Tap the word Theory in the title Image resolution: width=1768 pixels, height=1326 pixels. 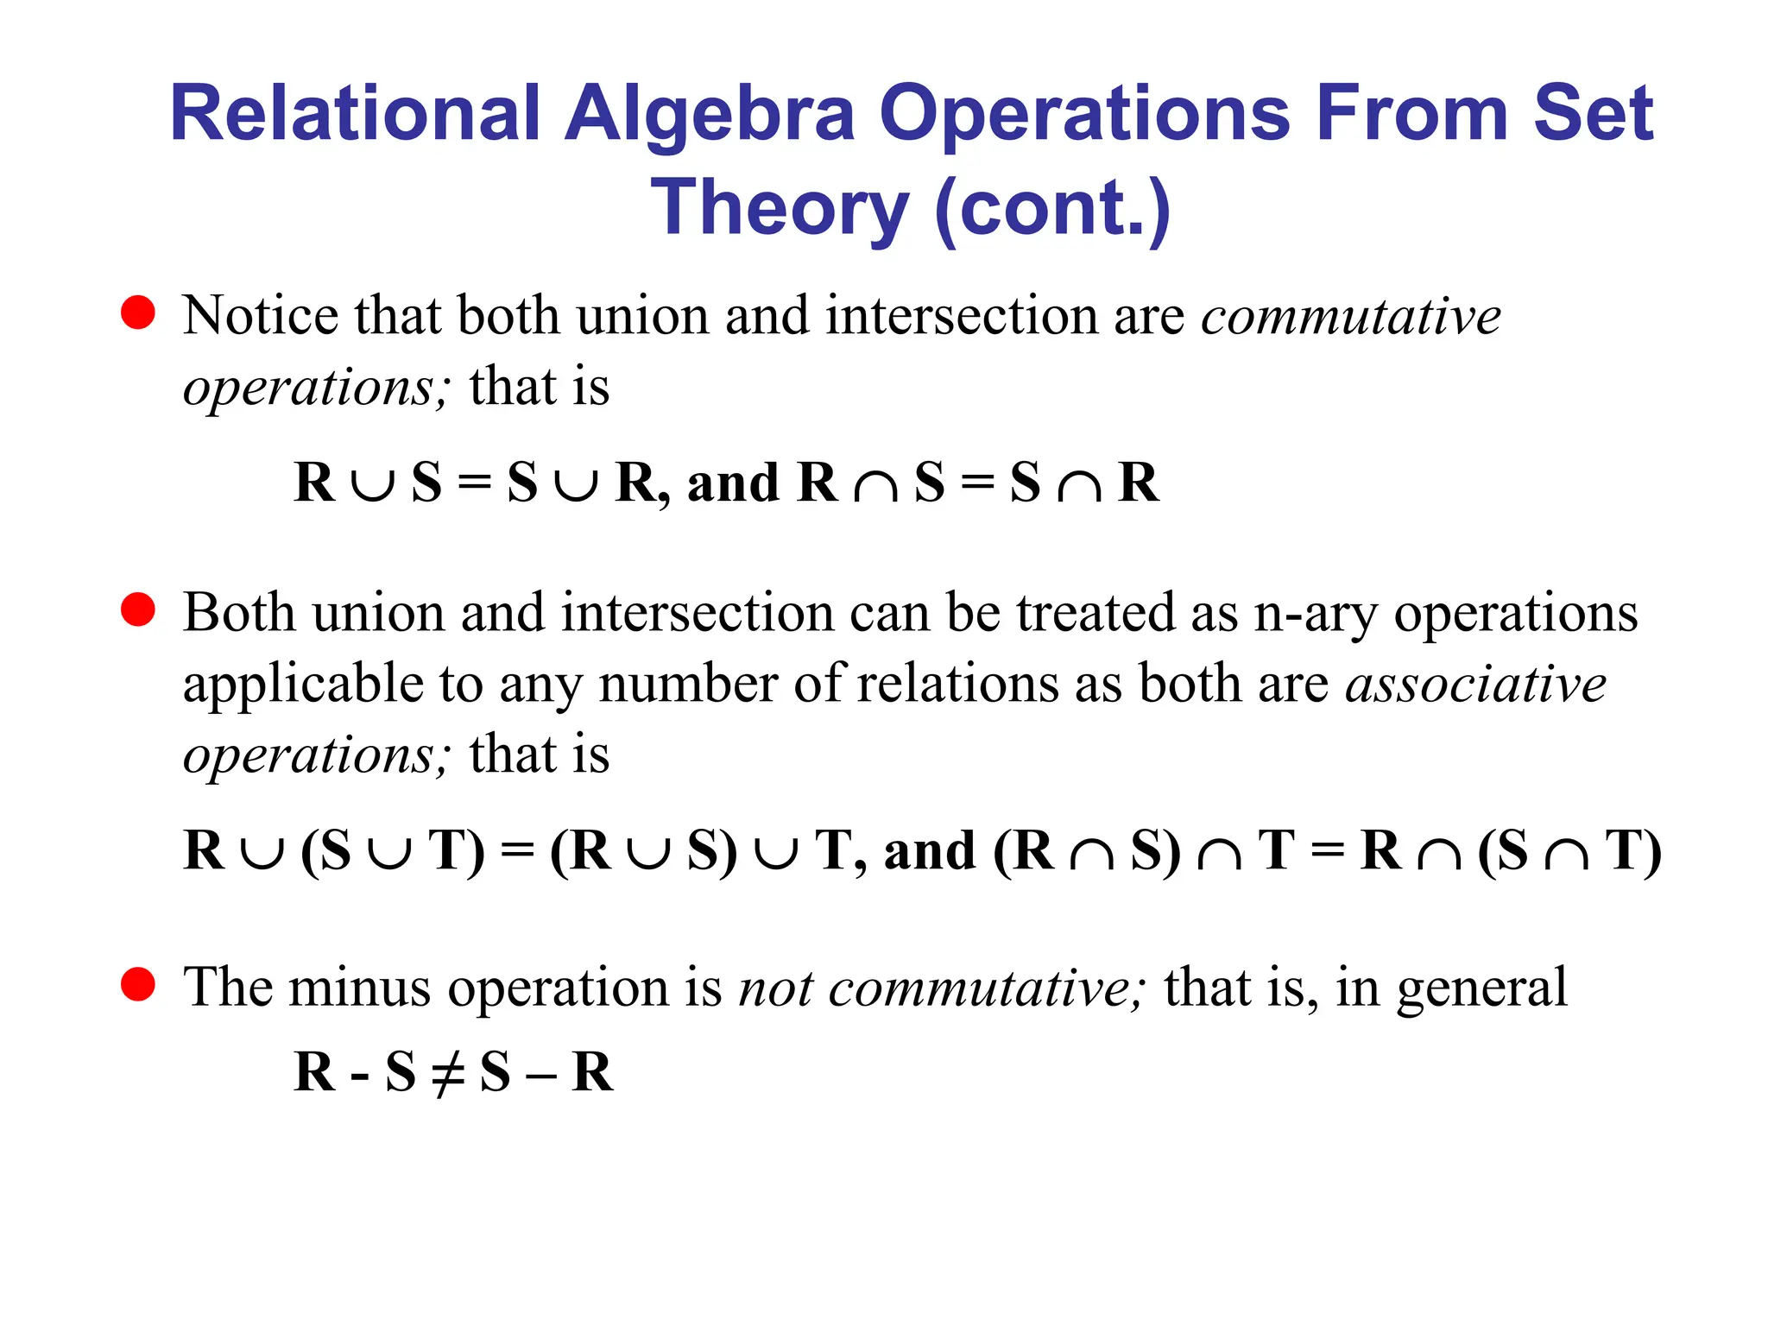click(x=780, y=208)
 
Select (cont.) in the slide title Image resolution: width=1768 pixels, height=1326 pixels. click(x=1052, y=208)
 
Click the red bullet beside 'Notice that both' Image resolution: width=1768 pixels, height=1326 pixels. click(x=138, y=313)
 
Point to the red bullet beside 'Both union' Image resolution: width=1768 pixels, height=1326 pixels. click(x=138, y=609)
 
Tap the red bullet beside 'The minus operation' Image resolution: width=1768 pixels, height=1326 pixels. click(x=138, y=984)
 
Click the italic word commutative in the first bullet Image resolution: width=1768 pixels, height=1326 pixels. click(x=1351, y=316)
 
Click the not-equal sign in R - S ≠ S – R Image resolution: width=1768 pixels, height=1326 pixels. click(x=448, y=1073)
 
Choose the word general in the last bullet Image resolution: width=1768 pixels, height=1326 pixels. click(x=1481, y=988)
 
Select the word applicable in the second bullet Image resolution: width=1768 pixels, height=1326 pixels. click(x=303, y=685)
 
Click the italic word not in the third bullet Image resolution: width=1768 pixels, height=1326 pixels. click(x=775, y=988)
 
